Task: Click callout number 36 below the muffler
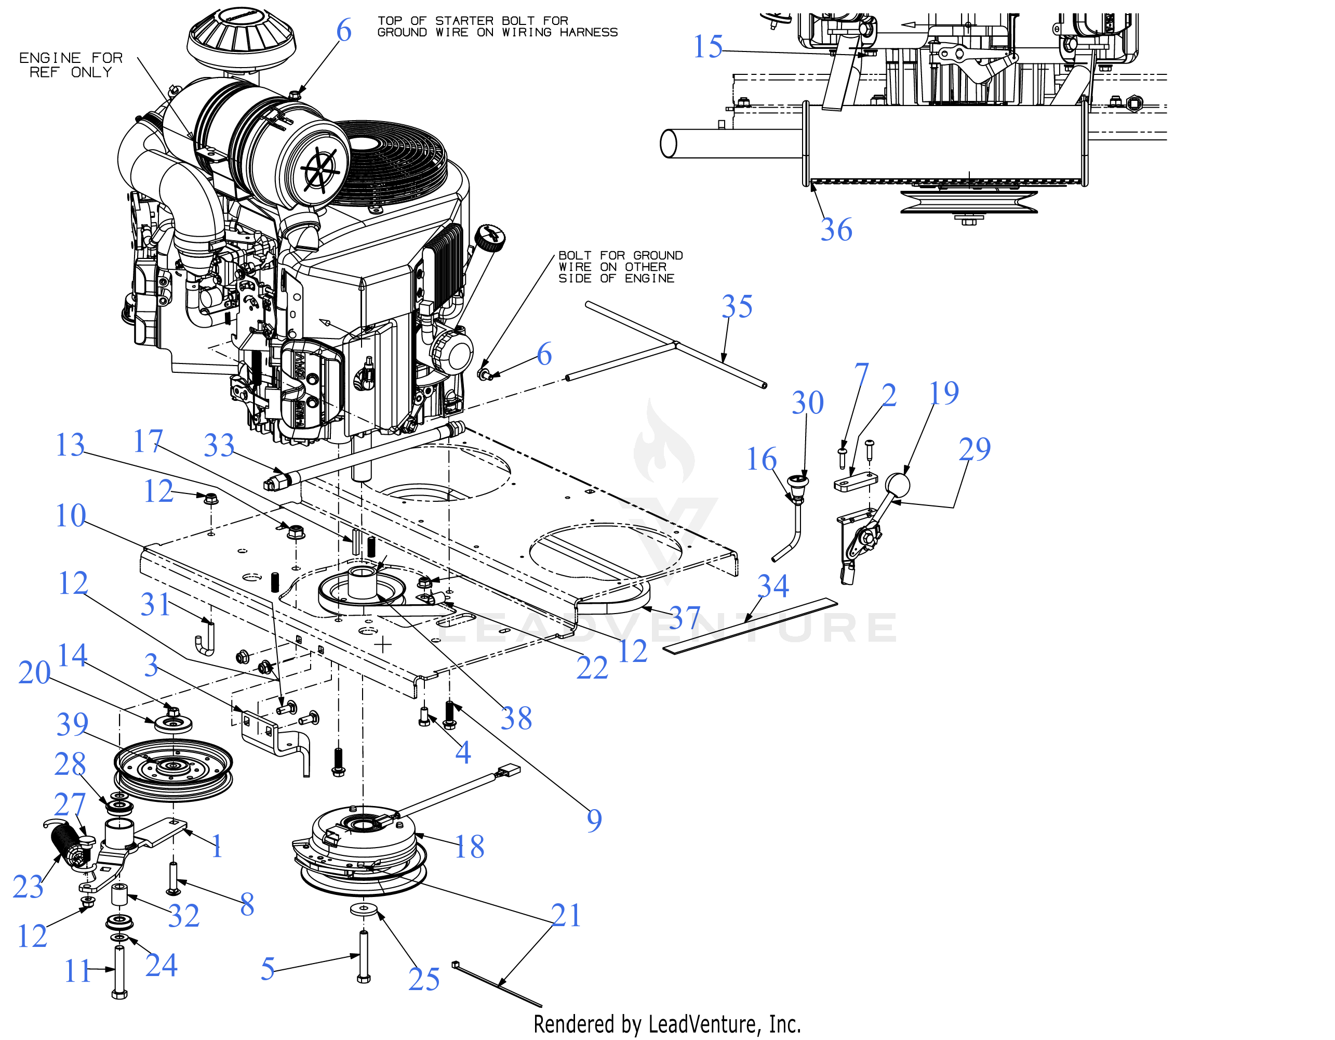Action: point(836,229)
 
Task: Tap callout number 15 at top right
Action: point(708,46)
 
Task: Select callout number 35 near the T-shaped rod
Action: point(737,306)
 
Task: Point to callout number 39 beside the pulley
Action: point(73,724)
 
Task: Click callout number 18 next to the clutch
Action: point(470,847)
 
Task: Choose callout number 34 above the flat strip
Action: point(773,586)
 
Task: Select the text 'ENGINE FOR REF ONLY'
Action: point(71,65)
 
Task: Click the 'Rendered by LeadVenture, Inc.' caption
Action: point(667,1024)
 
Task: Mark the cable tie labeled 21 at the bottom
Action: point(497,984)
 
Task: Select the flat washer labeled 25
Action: point(364,908)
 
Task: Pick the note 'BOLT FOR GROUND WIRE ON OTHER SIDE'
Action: point(620,267)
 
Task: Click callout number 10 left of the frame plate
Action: point(71,515)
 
